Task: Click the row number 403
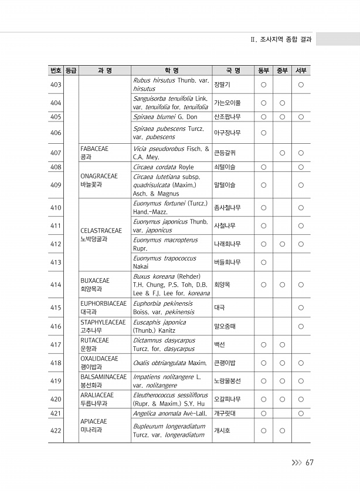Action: point(56,85)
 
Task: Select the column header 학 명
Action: point(172,71)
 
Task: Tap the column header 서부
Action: point(301,71)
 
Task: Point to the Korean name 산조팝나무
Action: point(227,116)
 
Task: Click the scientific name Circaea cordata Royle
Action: point(164,167)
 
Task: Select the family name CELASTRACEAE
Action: point(101,231)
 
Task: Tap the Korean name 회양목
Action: point(222,285)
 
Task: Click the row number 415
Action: point(56,308)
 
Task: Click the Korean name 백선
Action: point(220,345)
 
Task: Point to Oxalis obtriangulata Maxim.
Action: point(170,363)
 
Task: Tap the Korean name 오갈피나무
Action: point(227,399)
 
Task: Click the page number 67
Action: point(310,462)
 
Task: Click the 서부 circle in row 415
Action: point(301,308)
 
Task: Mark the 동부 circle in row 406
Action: point(264,132)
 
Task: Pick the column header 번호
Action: point(56,71)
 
